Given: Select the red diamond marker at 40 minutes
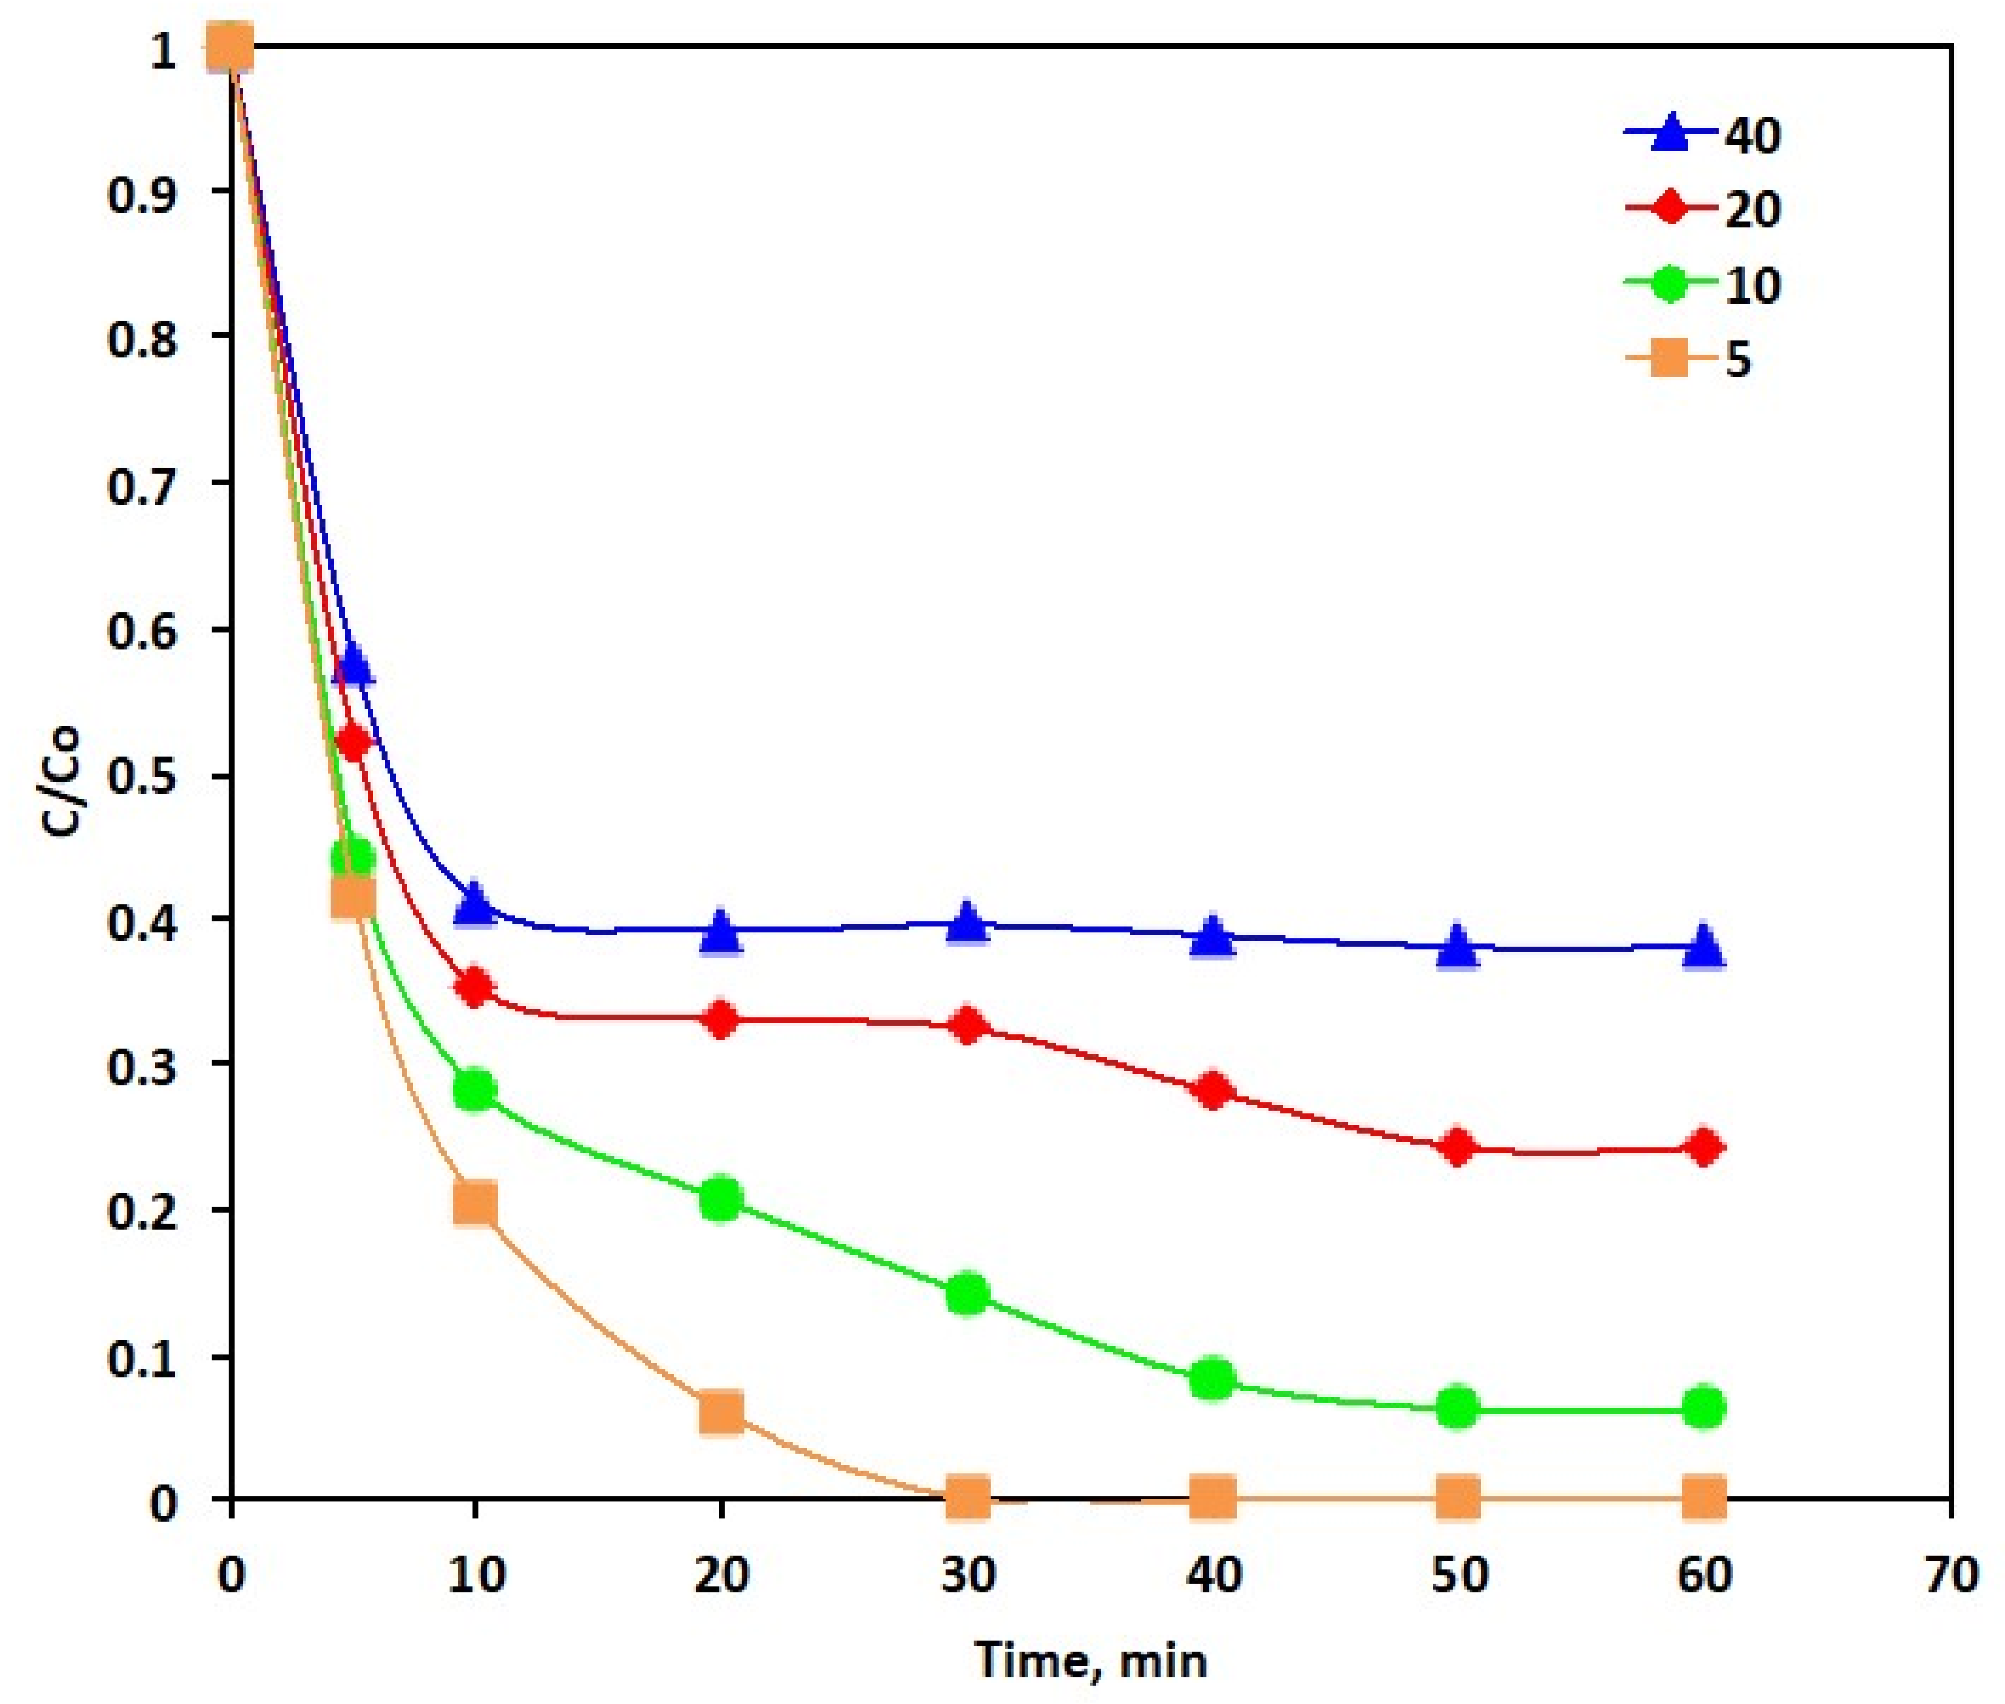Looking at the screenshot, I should pos(1213,1092).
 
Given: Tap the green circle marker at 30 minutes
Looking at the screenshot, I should pos(967,1294).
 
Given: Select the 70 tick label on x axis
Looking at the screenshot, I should pos(1950,1575).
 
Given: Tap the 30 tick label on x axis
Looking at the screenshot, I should pos(967,1575).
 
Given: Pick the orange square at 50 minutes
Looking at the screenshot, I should pos(1457,1498).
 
